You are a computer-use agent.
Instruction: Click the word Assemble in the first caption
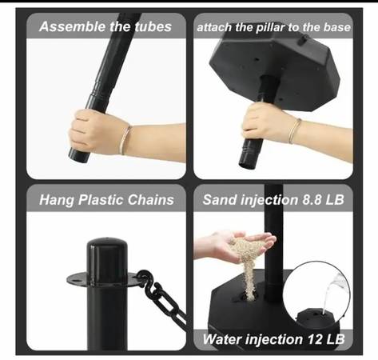click(x=72, y=26)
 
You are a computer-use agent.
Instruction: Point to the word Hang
click(x=57, y=200)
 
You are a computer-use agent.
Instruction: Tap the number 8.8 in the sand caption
click(x=311, y=200)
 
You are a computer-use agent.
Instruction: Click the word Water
click(x=222, y=339)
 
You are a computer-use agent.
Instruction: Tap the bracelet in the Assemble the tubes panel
click(x=125, y=140)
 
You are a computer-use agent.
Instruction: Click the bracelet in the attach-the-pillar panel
click(x=294, y=130)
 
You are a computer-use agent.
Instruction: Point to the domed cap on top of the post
click(x=107, y=249)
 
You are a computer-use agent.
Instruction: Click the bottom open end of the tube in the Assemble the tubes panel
click(x=78, y=158)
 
